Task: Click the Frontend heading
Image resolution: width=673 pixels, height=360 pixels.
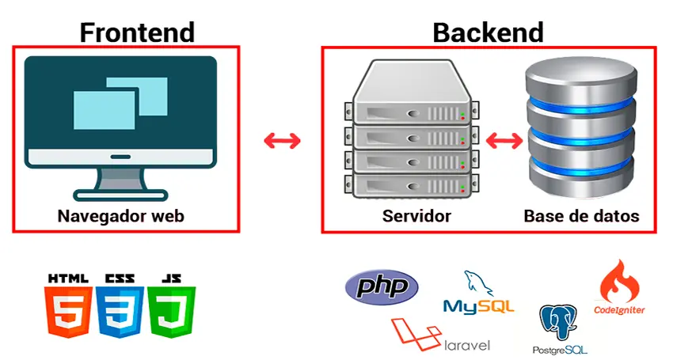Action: pyautogui.click(x=137, y=32)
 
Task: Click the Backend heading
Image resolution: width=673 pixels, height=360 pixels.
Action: pyautogui.click(x=488, y=32)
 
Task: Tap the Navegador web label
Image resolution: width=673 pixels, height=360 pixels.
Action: pyautogui.click(x=125, y=215)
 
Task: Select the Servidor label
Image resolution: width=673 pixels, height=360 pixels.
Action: pyautogui.click(x=416, y=215)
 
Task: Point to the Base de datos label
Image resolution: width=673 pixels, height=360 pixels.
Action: pyautogui.click(x=581, y=215)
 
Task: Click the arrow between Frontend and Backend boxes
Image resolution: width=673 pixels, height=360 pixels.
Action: pyautogui.click(x=282, y=141)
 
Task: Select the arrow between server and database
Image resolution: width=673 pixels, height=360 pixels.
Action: pyautogui.click(x=505, y=142)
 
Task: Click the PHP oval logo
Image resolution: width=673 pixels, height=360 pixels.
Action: pyautogui.click(x=382, y=286)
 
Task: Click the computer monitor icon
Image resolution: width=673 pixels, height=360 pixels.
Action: pyautogui.click(x=120, y=123)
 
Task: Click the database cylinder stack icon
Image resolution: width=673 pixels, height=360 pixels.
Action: pyautogui.click(x=581, y=131)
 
